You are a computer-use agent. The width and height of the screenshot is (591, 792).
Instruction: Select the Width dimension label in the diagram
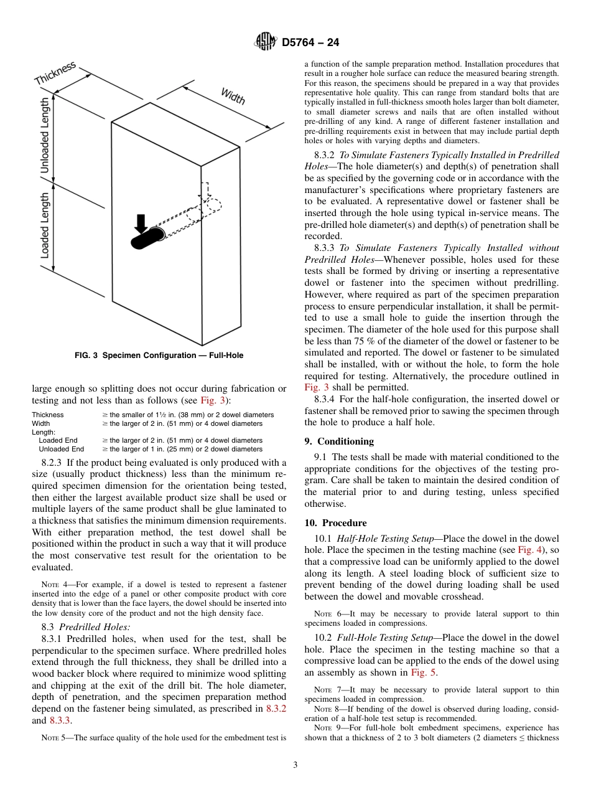point(233,96)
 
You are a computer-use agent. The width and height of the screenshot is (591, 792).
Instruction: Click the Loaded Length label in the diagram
point(45,225)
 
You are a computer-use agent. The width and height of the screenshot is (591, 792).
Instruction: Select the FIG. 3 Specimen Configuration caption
point(159,356)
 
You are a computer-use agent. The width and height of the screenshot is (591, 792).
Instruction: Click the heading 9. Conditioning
point(339,441)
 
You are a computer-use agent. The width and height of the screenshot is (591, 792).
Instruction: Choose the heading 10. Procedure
point(335,523)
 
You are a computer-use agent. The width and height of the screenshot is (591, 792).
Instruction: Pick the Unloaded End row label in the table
point(61,449)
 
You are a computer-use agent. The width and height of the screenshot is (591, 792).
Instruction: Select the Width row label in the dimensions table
point(41,423)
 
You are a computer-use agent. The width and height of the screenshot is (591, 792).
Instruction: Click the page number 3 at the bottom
point(295,765)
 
